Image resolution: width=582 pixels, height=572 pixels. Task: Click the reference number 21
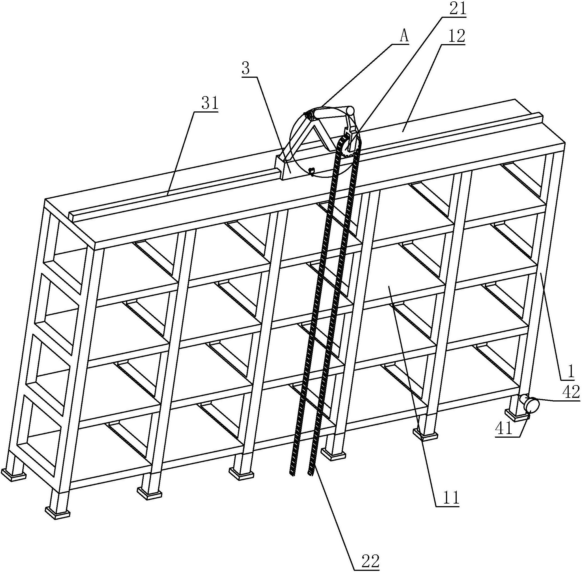[x=457, y=10]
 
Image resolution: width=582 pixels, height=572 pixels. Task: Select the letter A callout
[x=404, y=37]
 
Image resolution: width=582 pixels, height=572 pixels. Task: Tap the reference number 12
[x=456, y=36]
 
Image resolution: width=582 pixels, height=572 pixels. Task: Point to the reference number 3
[x=245, y=69]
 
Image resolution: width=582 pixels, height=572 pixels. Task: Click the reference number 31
[x=210, y=104]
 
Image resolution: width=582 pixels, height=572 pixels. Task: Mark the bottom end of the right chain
[x=310, y=474]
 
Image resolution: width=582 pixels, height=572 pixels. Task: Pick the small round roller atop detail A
[x=350, y=110]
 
